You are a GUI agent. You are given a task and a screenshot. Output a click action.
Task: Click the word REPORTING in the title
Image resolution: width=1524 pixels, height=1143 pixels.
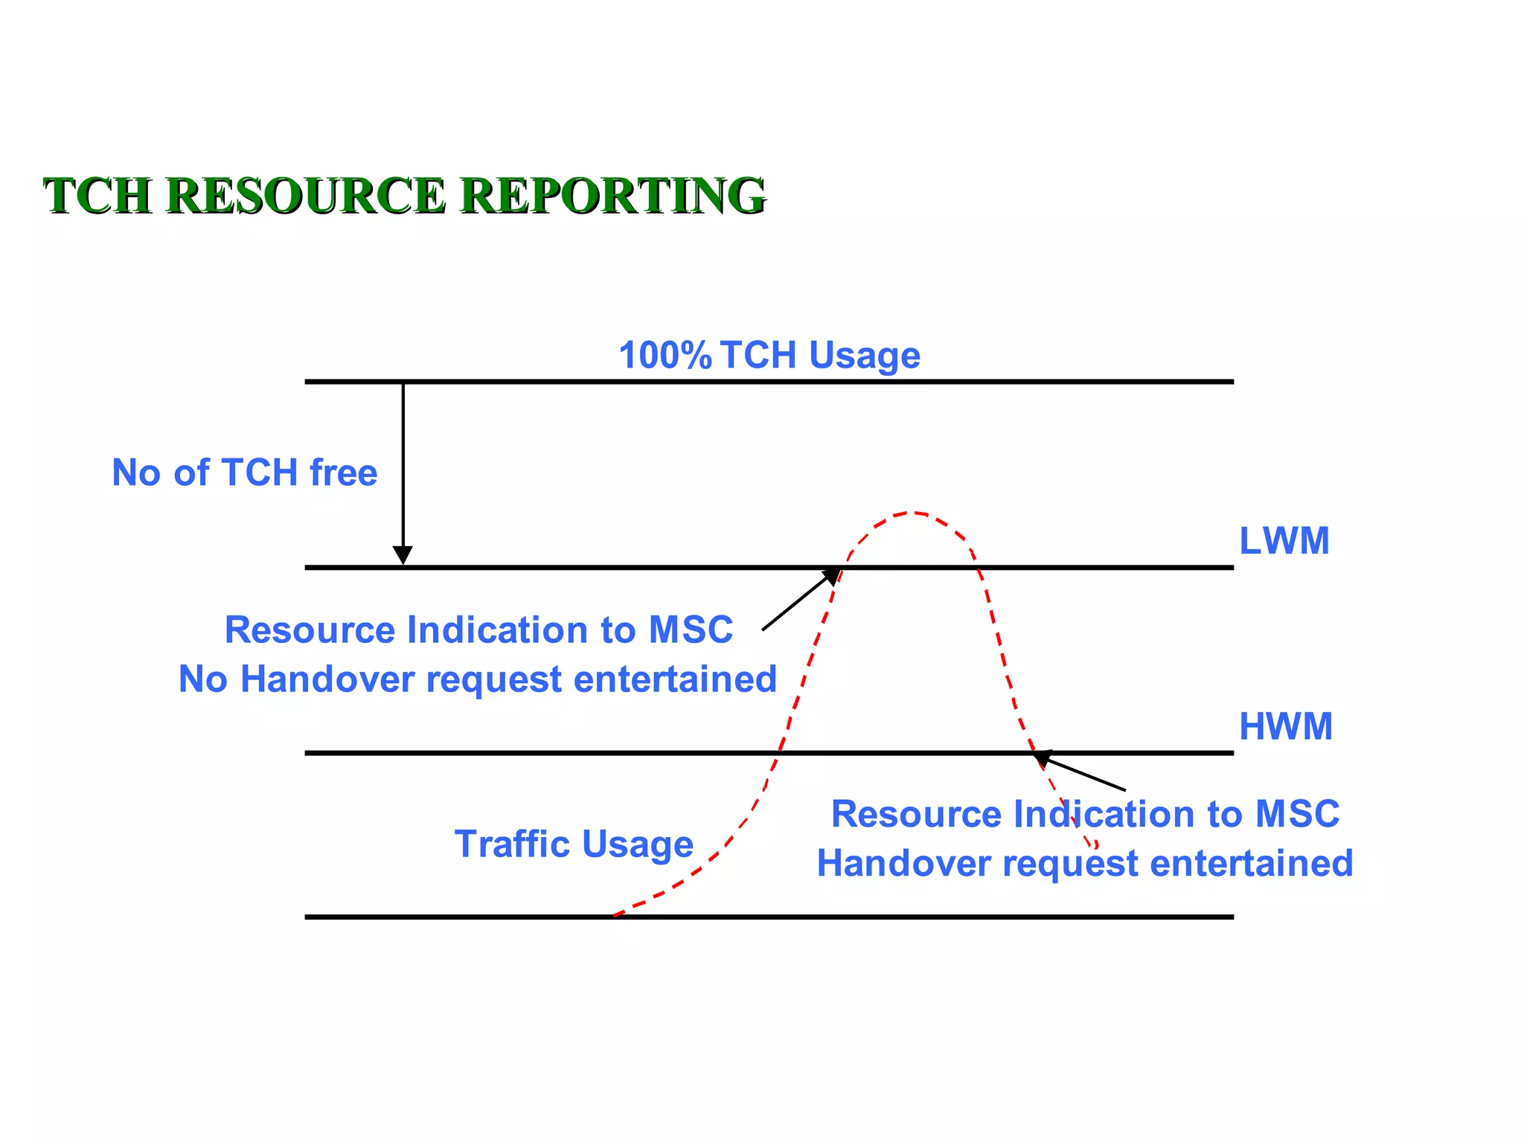pos(612,196)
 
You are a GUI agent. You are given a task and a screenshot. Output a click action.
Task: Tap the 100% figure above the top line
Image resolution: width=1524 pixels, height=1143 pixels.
pos(665,355)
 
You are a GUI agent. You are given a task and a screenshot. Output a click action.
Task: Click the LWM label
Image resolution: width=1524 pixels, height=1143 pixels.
pos(1284,541)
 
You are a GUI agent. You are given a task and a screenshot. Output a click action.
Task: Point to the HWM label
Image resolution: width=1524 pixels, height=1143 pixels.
pos(1285,726)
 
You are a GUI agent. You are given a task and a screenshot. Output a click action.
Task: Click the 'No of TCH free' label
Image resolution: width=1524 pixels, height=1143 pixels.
pos(244,473)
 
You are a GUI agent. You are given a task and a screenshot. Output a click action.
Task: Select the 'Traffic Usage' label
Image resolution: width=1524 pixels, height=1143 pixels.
pos(574,844)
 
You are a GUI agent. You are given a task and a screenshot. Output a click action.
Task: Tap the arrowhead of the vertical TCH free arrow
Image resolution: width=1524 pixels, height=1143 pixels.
pos(403,555)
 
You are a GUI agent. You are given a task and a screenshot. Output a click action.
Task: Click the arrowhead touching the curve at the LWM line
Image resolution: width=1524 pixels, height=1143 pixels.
pos(831,575)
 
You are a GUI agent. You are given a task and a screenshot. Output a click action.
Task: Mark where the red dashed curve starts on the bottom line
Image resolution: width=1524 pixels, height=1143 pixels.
pos(615,915)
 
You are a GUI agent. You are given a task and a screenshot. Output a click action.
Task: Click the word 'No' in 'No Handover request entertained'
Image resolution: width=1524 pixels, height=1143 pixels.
pos(203,679)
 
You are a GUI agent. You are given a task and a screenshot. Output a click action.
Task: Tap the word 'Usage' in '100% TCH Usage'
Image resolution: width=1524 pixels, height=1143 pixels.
pos(865,355)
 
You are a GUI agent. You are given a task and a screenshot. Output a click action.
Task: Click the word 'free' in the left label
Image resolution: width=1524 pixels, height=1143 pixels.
pos(343,473)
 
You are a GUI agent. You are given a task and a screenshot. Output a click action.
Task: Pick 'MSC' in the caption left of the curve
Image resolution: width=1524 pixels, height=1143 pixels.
pos(691,630)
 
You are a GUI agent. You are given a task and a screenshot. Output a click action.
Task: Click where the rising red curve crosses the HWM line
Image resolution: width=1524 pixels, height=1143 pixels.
pos(775,753)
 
